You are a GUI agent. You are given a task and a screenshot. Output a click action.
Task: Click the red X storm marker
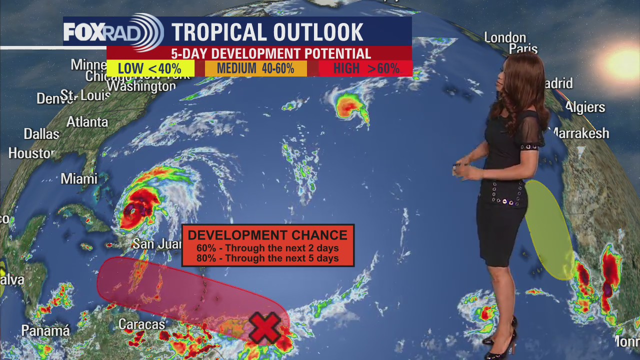(x=264, y=328)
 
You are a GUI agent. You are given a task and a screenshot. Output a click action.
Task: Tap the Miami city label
(x=79, y=178)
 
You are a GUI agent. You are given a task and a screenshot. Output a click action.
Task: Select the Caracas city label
(x=141, y=324)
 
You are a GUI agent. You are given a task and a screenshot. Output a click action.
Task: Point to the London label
(x=505, y=37)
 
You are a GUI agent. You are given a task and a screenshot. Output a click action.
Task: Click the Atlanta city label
(x=87, y=121)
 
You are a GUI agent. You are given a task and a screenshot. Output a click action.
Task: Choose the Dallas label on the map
(x=41, y=134)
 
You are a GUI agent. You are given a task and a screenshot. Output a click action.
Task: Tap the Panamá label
(x=45, y=330)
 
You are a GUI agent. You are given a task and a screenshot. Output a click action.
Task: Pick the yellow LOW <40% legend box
(x=150, y=68)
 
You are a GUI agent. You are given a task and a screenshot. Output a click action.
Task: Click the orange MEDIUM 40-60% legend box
(x=255, y=68)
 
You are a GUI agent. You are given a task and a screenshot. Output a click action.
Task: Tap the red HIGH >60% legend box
(x=366, y=68)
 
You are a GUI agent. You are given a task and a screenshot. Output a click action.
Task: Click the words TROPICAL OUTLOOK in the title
(x=267, y=32)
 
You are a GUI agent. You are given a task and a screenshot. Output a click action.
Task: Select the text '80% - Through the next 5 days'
(x=267, y=258)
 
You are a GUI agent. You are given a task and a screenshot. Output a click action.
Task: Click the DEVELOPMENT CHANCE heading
(x=267, y=235)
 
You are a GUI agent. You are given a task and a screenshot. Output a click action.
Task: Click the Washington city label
(x=141, y=86)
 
